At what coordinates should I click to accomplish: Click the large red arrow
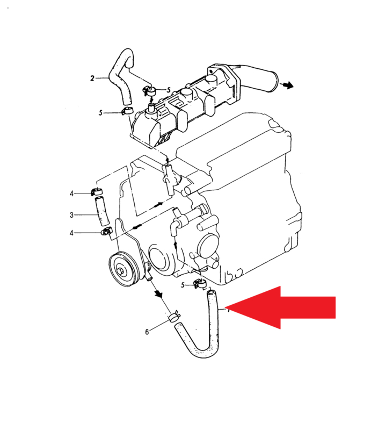tap(280, 307)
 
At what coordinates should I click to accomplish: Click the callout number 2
tap(92, 78)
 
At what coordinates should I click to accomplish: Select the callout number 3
tap(71, 215)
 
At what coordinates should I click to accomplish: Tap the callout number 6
tap(147, 332)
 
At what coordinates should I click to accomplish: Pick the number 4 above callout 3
tap(71, 193)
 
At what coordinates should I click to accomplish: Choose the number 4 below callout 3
tap(71, 233)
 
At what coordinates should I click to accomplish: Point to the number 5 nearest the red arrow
tap(183, 285)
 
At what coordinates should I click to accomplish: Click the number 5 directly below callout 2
tap(100, 113)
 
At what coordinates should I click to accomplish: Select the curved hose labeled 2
tap(121, 77)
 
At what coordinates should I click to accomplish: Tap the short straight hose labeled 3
tap(101, 210)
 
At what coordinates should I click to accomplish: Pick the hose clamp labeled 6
tap(174, 317)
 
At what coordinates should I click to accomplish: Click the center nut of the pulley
tap(121, 271)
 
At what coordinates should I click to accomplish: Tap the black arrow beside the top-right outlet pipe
tap(287, 85)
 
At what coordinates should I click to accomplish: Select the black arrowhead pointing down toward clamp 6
tap(158, 294)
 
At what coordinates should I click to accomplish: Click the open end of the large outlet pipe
tap(275, 82)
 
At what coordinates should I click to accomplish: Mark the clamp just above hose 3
tap(96, 192)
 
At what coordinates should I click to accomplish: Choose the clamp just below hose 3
tap(107, 231)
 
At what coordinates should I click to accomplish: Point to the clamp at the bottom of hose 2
tap(127, 111)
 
